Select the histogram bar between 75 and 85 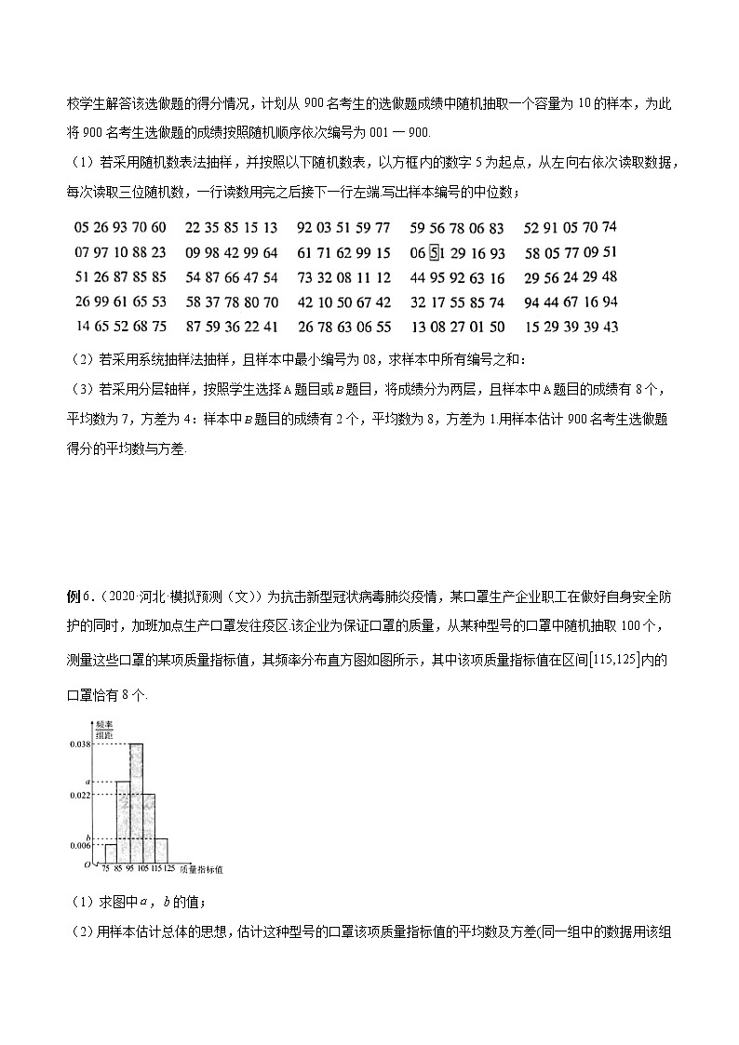[x=110, y=853]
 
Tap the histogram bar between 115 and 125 [x=162, y=851]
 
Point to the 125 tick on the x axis [x=168, y=869]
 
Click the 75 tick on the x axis [x=106, y=869]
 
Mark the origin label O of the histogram [x=87, y=866]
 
